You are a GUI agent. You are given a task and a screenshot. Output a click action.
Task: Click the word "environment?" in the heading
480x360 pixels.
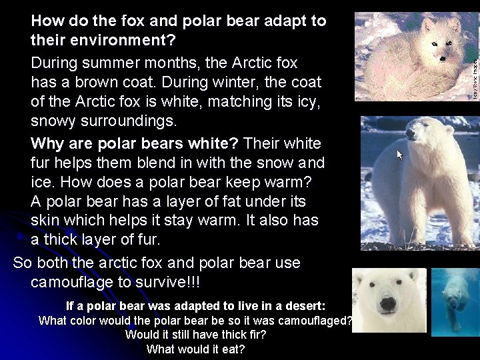coord(103,41)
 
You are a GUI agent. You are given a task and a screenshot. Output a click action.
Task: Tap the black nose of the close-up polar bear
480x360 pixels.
coord(387,307)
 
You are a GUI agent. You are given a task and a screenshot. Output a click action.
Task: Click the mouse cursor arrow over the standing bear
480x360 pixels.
coord(400,155)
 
